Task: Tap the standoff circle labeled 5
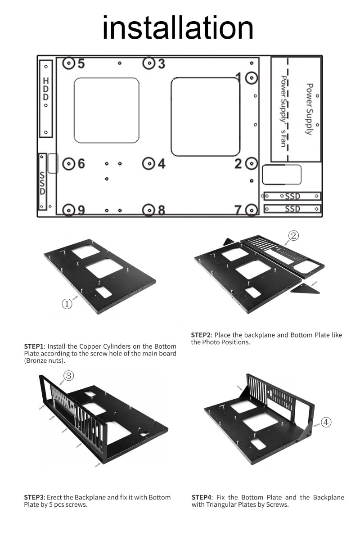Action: (x=68, y=63)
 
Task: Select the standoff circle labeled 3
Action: (x=149, y=63)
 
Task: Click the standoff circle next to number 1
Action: (x=252, y=78)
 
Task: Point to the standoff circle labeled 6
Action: (x=68, y=164)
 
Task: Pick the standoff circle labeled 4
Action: (x=149, y=164)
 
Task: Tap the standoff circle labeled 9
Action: (x=68, y=210)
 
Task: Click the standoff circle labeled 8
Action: (x=149, y=210)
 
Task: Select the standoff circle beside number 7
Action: (x=252, y=210)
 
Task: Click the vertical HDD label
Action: (x=46, y=89)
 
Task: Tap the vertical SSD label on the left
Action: (x=42, y=183)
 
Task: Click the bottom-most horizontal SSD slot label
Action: (x=292, y=209)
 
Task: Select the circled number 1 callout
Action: (x=67, y=304)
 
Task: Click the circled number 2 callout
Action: (x=293, y=235)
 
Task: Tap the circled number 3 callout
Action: (x=68, y=375)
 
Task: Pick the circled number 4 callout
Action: (x=326, y=422)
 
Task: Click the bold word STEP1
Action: (x=34, y=346)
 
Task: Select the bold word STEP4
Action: (x=201, y=497)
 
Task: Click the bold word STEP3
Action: (x=34, y=497)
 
